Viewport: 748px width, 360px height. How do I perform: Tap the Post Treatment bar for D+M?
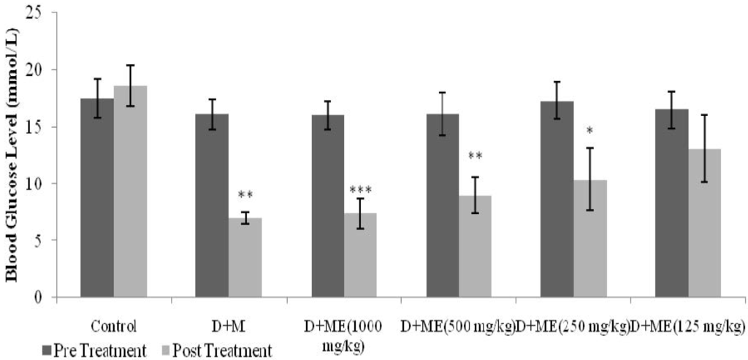pyautogui.click(x=245, y=257)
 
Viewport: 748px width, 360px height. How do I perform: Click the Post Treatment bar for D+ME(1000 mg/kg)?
pyautogui.click(x=359, y=255)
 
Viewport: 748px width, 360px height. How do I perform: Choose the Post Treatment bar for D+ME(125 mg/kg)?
pyautogui.click(x=704, y=223)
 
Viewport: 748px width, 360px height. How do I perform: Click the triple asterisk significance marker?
pyautogui.click(x=359, y=191)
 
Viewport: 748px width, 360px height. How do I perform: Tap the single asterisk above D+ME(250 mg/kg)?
pyautogui.click(x=589, y=131)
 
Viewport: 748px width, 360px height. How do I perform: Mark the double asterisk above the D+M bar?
pyautogui.click(x=245, y=196)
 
